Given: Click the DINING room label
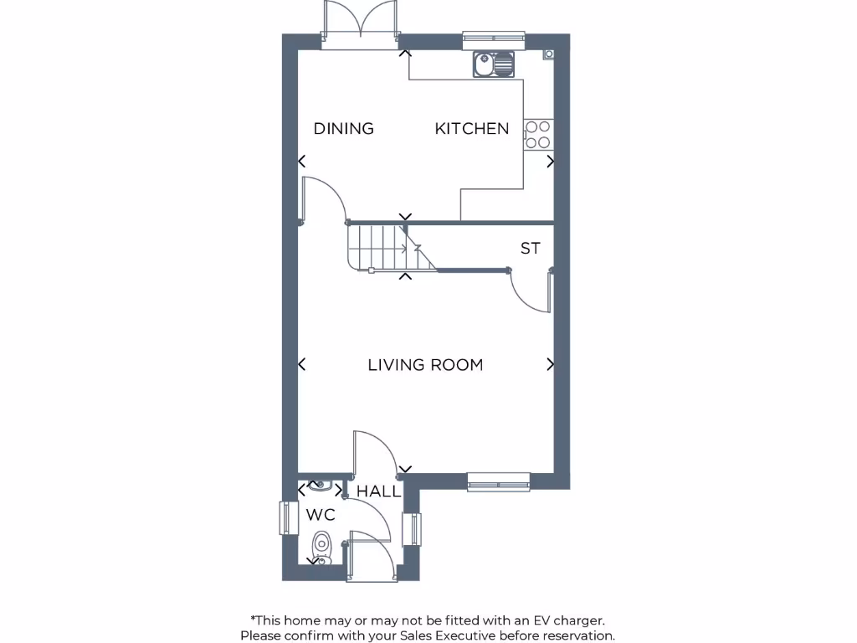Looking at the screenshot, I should (343, 128).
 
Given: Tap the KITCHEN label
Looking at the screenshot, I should (471, 128).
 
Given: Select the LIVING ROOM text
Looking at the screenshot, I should (425, 365).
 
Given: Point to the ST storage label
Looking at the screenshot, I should (530, 249).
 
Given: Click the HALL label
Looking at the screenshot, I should (379, 491).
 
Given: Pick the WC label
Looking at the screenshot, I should (320, 515).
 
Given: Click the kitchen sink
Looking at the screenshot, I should (493, 64).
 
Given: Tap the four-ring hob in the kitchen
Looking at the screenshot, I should (537, 135).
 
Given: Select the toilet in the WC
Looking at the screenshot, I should (321, 548).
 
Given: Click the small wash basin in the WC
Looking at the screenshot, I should (320, 484).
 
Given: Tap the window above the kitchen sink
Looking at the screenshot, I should (494, 37).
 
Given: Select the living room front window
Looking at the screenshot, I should (498, 481).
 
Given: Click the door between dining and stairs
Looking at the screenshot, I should (322, 201).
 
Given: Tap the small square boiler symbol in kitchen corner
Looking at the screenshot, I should (548, 54).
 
